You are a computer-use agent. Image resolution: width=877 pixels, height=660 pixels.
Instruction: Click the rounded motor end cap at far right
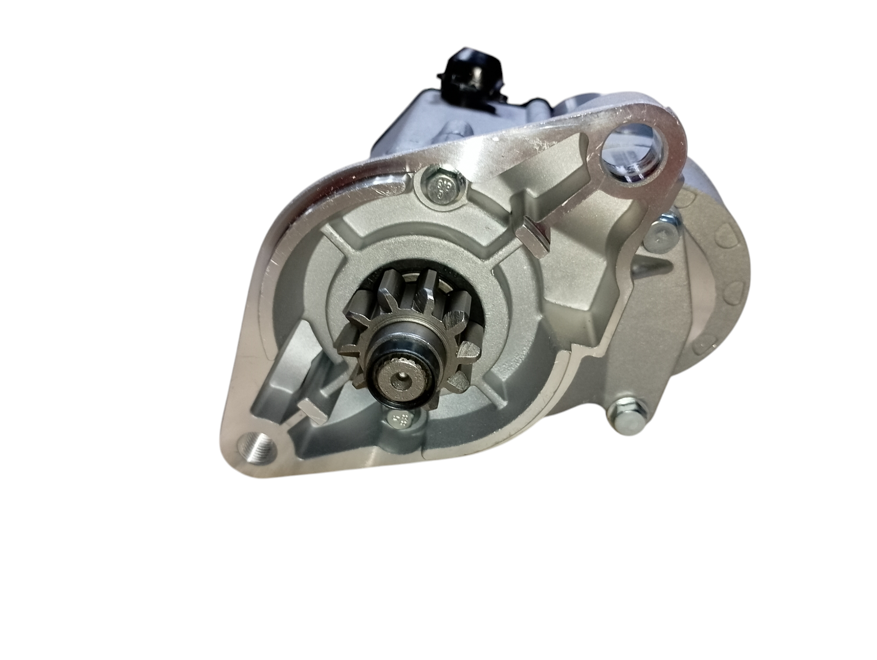(719, 281)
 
